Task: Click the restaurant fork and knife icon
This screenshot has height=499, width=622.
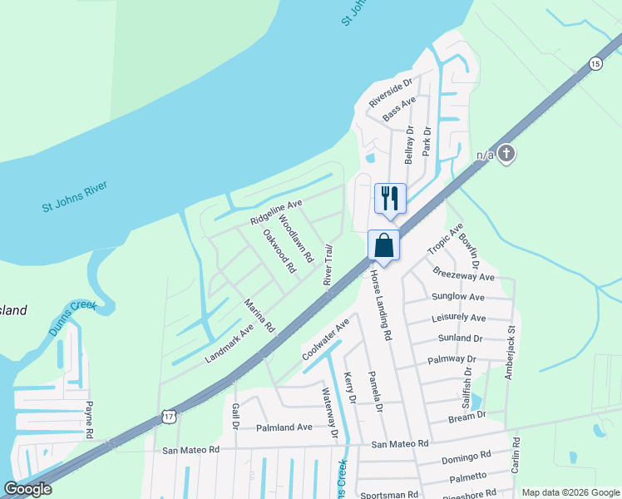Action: pos(389,198)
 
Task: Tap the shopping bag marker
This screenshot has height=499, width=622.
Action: pos(383,245)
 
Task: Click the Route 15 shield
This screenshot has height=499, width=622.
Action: pos(595,63)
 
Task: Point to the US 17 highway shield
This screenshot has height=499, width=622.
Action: pos(170,416)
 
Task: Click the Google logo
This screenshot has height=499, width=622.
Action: pos(27,489)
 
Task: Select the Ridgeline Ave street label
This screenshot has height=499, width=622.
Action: pos(276,212)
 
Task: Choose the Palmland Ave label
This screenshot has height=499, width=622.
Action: pos(284,427)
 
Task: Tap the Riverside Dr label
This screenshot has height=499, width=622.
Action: pos(391,94)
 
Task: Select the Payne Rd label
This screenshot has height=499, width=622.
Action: pos(89,420)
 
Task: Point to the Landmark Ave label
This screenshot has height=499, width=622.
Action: pos(229,343)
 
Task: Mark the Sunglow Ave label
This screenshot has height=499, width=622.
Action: pos(457,297)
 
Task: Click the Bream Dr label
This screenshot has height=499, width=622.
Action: pos(466,415)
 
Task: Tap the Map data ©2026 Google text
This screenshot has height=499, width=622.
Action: pos(570,492)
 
